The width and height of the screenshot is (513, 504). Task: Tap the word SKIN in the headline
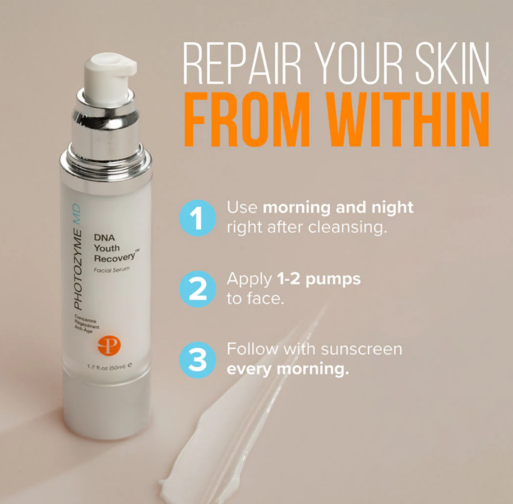pos(452,63)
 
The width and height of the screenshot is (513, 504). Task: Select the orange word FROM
pos(247,119)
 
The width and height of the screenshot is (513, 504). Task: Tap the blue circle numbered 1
pos(198,218)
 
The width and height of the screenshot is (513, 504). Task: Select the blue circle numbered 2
pos(198,289)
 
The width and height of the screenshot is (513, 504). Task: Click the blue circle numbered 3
pos(198,360)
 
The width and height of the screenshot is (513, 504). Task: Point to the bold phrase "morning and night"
pos(338,208)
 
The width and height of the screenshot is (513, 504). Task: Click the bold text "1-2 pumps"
pos(319,279)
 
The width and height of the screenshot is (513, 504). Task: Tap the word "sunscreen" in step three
pos(361,349)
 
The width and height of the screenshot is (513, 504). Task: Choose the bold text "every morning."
pos(288,369)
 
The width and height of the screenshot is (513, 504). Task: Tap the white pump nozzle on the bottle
pos(110,75)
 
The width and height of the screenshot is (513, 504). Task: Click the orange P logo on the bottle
pos(109,346)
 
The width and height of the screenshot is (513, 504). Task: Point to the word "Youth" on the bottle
pos(106,248)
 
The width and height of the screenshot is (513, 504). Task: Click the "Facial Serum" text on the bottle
pos(111,270)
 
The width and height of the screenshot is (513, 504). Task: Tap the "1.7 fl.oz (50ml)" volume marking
pos(106,367)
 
